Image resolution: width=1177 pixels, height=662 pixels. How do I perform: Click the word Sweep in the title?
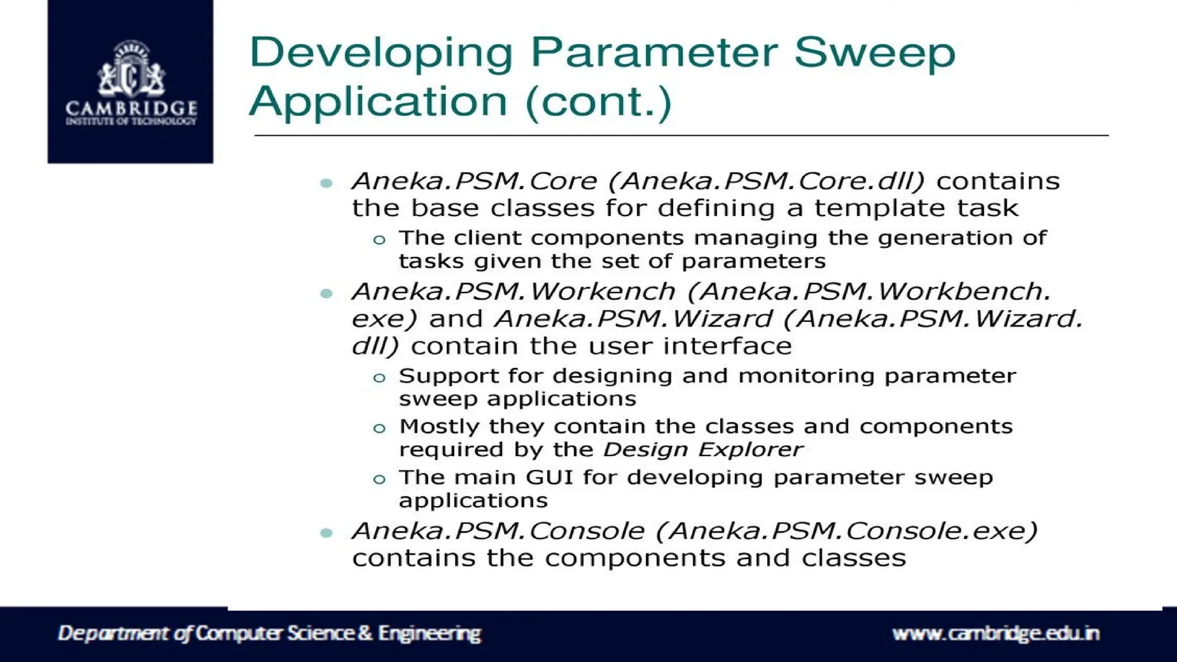874,53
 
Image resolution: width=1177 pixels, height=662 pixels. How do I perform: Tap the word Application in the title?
378,102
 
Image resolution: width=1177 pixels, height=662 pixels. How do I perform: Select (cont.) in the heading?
598,102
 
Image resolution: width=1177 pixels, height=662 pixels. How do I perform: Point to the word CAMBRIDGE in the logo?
131,108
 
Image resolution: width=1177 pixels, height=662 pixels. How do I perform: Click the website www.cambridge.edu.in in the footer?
995,633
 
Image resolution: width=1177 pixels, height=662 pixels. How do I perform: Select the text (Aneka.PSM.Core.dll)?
767,181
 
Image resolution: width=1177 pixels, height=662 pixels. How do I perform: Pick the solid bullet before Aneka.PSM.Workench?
326,294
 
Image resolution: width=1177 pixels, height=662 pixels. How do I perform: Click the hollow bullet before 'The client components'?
379,240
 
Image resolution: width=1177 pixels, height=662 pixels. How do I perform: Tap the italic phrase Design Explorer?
702,449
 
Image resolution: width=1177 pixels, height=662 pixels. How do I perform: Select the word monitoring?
806,376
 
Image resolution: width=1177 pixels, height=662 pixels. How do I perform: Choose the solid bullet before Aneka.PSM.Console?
326,533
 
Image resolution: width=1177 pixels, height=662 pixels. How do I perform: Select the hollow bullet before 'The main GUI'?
379,479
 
